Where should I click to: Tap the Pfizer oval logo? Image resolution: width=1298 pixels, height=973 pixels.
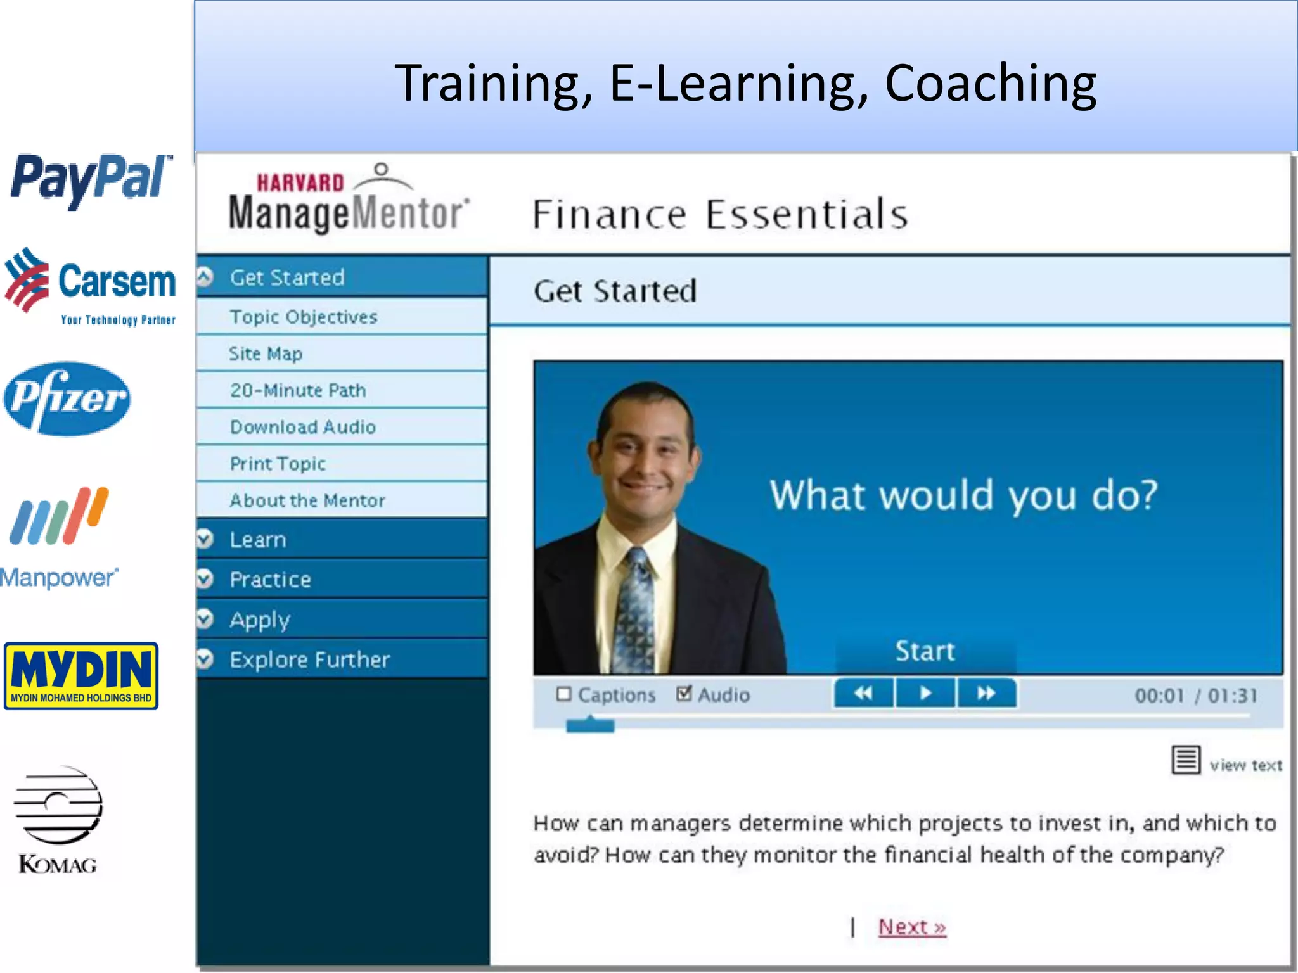tap(67, 399)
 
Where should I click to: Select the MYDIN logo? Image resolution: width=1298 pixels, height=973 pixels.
tap(81, 675)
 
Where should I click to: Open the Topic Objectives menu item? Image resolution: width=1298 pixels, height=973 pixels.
tap(304, 317)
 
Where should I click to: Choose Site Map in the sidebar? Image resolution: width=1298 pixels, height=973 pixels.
tap(266, 353)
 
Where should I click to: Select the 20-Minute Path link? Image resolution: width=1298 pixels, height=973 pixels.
tap(298, 390)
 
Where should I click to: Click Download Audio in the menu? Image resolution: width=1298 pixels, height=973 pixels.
tap(303, 427)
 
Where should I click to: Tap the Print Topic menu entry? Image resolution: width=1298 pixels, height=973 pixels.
tap(278, 464)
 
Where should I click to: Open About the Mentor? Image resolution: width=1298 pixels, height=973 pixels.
tap(307, 500)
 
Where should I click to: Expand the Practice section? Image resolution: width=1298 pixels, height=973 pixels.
tap(270, 580)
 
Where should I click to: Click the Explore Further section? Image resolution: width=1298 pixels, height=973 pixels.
tap(309, 659)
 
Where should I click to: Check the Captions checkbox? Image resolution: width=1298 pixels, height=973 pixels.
tap(563, 694)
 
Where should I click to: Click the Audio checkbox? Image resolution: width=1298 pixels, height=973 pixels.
tap(684, 694)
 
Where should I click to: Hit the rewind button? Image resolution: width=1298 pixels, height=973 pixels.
tap(863, 694)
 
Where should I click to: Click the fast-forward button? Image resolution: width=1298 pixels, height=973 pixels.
tap(986, 694)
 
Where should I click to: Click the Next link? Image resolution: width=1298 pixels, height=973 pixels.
tap(911, 927)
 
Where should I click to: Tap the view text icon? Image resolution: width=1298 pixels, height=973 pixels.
tap(1186, 760)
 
